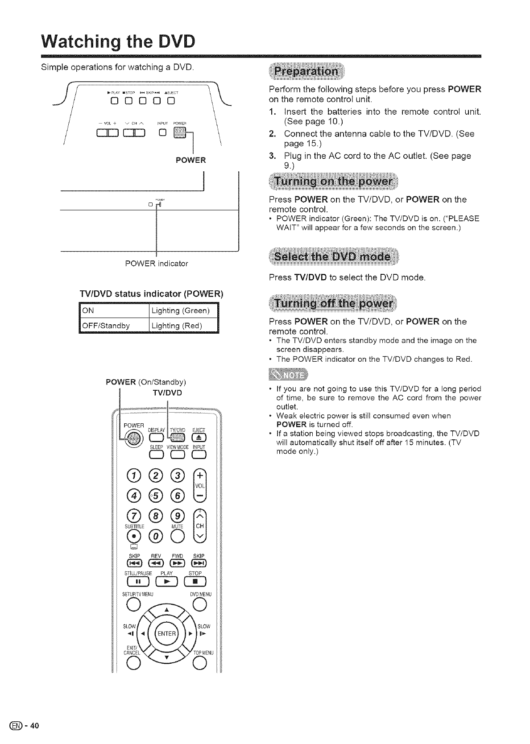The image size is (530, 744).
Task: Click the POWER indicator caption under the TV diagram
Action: click(x=157, y=263)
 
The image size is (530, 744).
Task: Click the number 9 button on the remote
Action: click(x=177, y=517)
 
